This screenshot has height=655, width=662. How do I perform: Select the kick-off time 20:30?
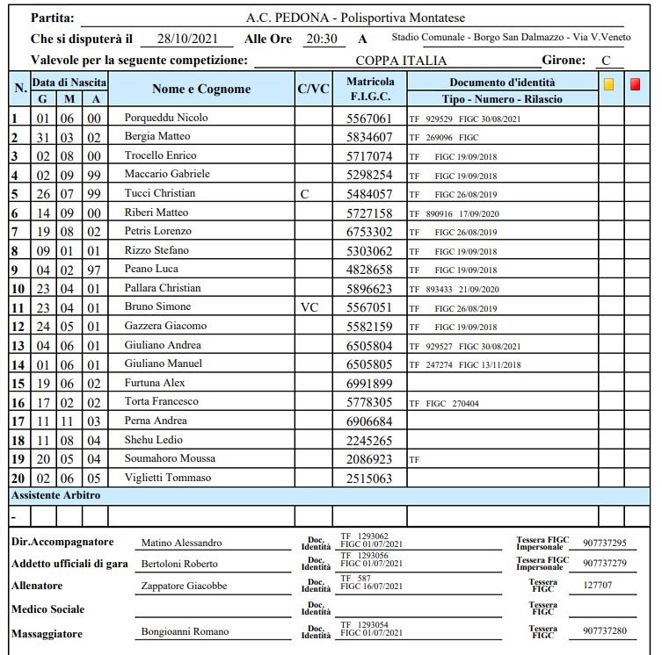(x=321, y=40)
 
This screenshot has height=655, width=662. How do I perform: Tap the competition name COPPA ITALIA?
(x=401, y=61)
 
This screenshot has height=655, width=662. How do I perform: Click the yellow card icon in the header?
(x=609, y=84)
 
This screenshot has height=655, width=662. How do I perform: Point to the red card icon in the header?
(x=635, y=84)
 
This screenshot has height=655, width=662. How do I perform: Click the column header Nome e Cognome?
(x=201, y=90)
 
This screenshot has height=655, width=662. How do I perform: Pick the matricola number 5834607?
(x=369, y=137)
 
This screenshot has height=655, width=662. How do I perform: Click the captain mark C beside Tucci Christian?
(x=304, y=193)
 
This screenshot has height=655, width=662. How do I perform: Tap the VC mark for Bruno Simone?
(x=309, y=307)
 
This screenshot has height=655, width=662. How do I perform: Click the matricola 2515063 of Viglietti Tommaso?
(x=369, y=478)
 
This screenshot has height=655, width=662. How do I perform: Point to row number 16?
(x=18, y=402)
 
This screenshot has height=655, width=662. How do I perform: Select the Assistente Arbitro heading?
(x=55, y=495)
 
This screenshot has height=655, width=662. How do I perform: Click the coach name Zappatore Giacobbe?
(x=184, y=586)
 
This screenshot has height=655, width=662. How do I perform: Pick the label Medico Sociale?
(x=47, y=608)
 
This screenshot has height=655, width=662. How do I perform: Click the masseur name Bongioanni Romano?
(x=185, y=631)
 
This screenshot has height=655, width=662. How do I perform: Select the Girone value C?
(x=605, y=61)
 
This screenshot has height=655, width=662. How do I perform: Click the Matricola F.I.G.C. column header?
(x=369, y=90)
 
